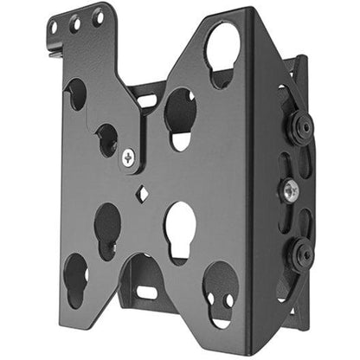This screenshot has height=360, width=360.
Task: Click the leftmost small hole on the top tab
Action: [x=55, y=28]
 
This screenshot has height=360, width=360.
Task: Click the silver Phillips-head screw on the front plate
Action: [x=130, y=157]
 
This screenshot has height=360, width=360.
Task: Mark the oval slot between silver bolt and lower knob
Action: [x=286, y=221]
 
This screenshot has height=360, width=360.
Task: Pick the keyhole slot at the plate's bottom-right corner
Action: [x=220, y=289]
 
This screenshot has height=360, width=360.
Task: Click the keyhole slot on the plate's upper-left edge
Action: [x=76, y=94]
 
